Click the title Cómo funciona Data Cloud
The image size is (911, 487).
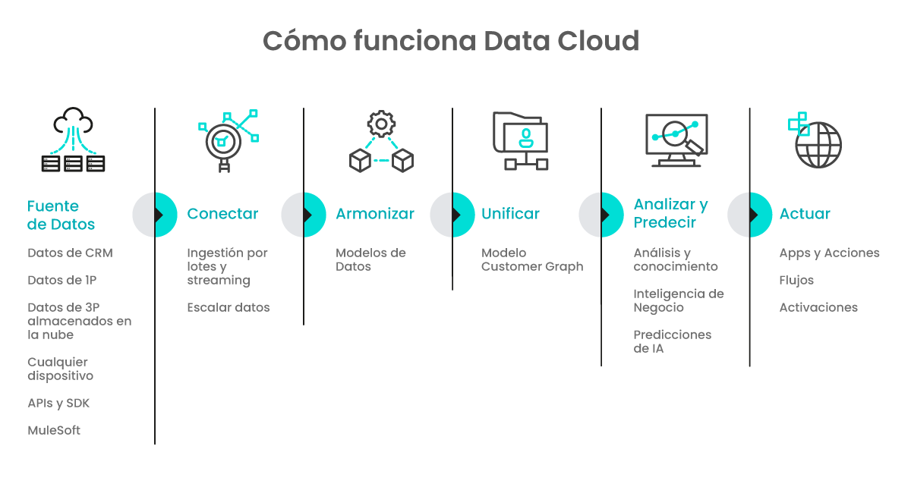click(x=451, y=42)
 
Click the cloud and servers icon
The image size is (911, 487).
click(x=73, y=140)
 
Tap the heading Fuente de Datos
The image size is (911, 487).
click(x=61, y=215)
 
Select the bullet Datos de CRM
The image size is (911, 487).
click(x=70, y=253)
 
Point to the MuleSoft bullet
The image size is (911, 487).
click(x=53, y=430)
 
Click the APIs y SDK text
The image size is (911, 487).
click(x=58, y=403)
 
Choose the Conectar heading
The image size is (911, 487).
click(x=222, y=214)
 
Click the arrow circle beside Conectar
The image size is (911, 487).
click(x=155, y=215)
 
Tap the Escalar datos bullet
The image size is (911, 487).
click(x=229, y=307)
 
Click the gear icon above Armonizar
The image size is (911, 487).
click(x=381, y=124)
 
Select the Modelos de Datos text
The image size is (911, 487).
click(x=370, y=259)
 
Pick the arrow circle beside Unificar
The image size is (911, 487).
click(x=452, y=215)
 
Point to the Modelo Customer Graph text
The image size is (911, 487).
click(x=532, y=259)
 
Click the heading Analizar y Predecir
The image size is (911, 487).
click(x=670, y=213)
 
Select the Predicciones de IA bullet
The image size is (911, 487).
click(x=672, y=341)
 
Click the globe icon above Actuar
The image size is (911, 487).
click(x=818, y=144)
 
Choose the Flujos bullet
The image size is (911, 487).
click(x=796, y=280)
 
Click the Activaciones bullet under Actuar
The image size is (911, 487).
click(x=818, y=307)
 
